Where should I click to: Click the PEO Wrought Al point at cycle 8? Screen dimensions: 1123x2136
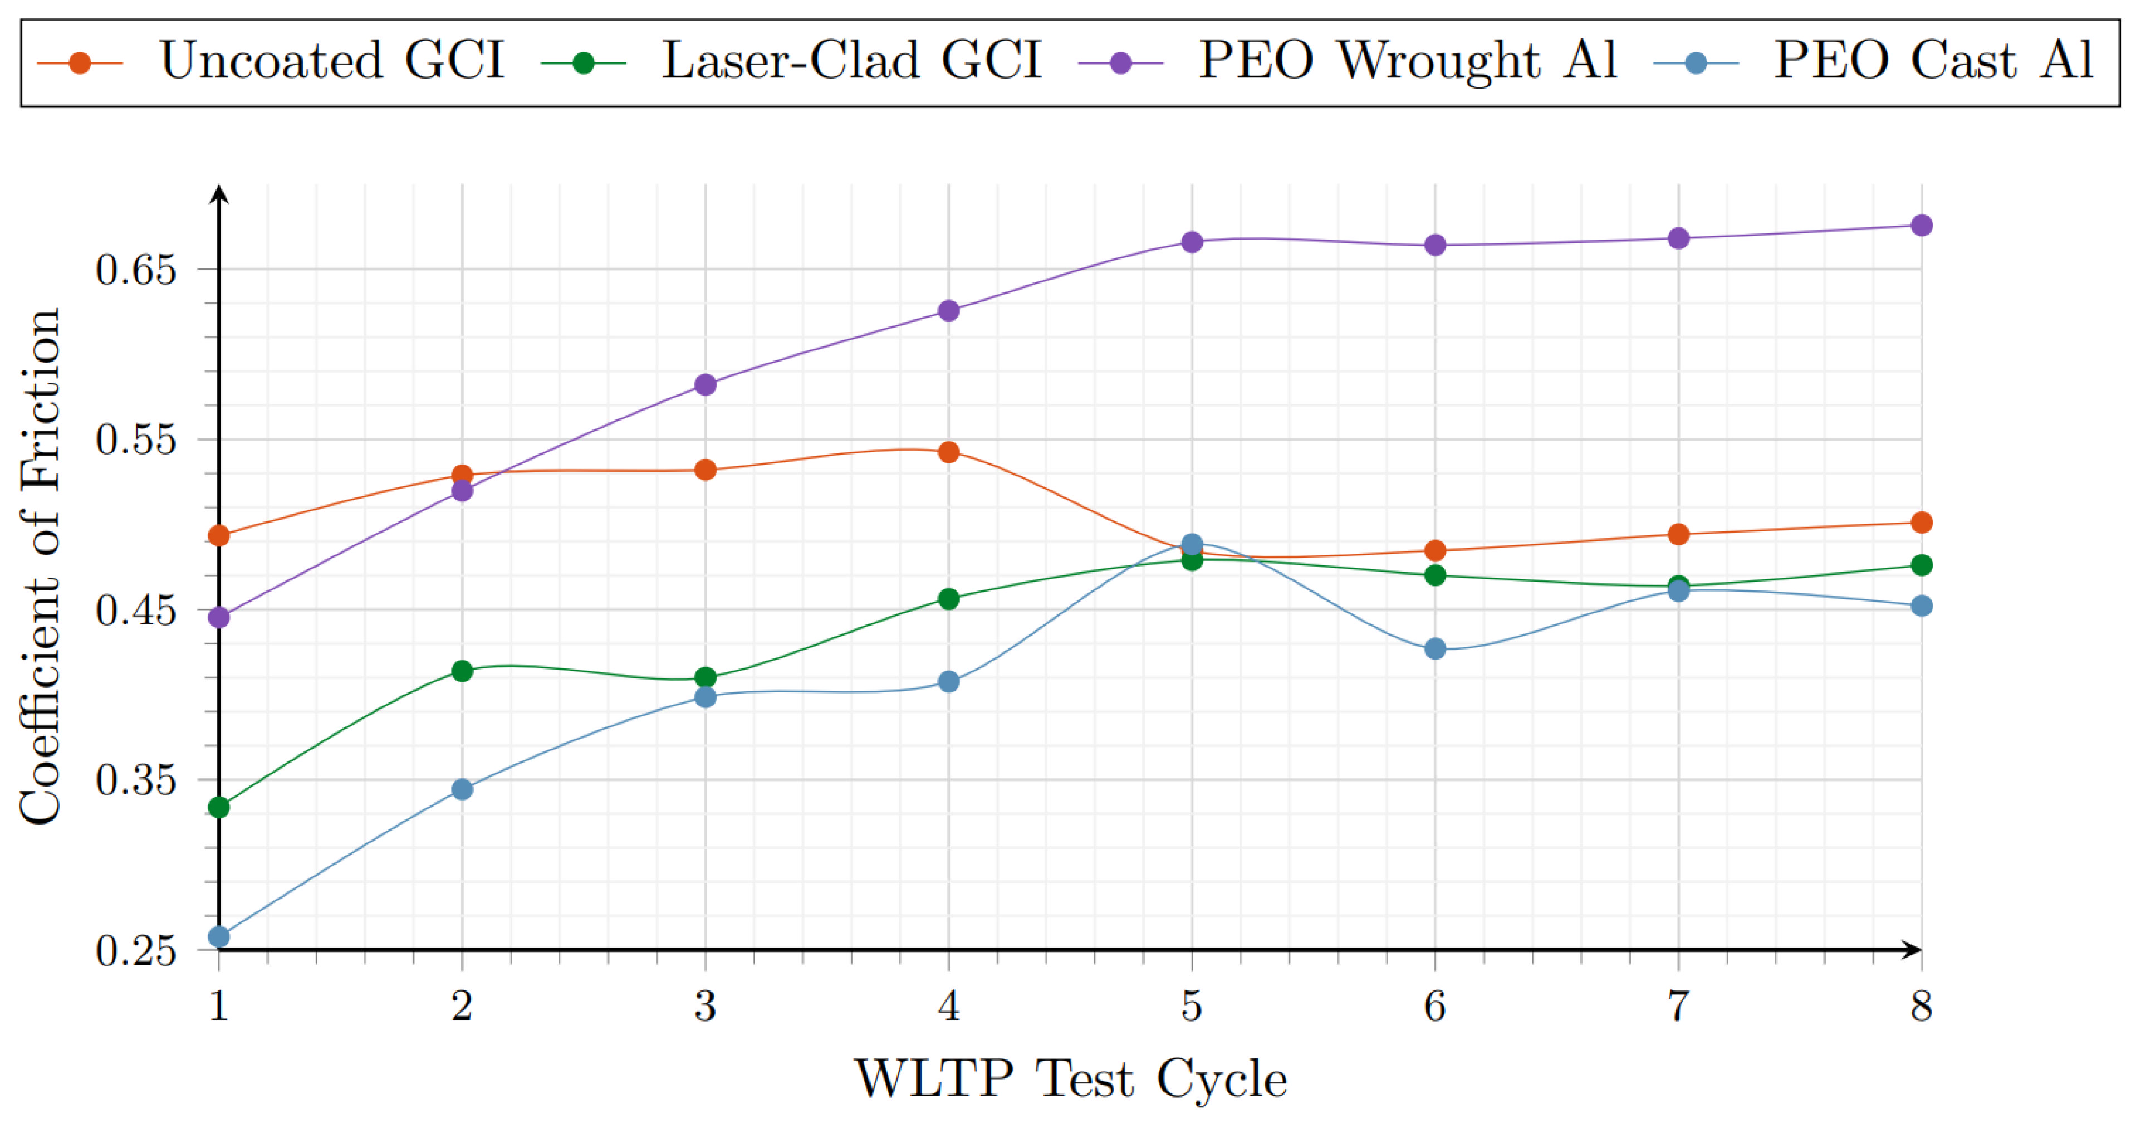(1921, 226)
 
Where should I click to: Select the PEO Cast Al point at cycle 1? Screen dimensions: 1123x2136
(219, 937)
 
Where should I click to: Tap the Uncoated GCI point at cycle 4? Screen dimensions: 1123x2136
(949, 452)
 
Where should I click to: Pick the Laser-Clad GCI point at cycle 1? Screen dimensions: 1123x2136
(219, 807)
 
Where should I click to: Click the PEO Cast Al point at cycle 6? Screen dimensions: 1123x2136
(1436, 648)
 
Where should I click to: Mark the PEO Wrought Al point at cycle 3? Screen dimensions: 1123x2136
(706, 384)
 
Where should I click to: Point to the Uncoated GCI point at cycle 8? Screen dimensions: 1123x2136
(1921, 523)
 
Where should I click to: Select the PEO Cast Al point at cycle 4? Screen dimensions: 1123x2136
(949, 682)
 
